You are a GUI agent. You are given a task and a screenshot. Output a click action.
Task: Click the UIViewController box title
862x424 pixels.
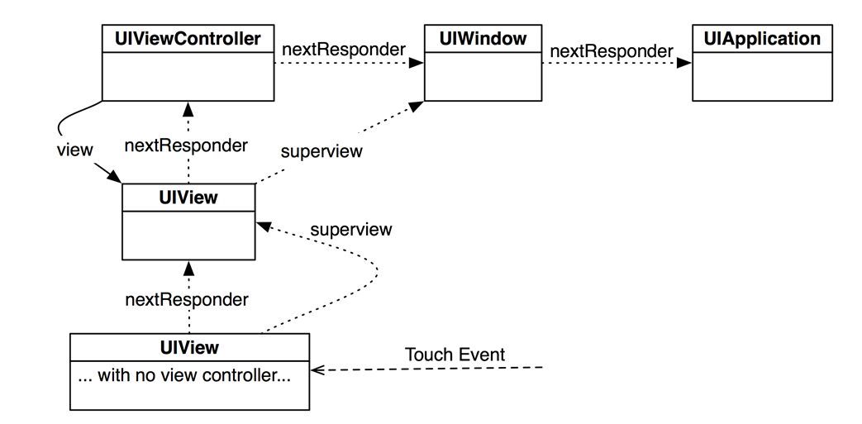coord(188,39)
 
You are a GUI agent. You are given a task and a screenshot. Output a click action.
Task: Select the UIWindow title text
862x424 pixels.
coord(483,39)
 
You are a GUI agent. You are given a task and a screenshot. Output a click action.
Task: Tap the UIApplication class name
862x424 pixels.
coord(762,40)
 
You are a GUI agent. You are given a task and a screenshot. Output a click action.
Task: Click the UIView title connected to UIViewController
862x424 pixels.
coord(188,198)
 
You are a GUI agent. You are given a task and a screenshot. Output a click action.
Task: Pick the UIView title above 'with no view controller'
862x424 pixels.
coord(189,348)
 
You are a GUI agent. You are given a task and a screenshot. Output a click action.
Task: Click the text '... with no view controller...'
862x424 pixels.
coord(184,377)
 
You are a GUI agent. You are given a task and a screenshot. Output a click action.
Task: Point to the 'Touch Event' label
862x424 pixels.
coord(455,355)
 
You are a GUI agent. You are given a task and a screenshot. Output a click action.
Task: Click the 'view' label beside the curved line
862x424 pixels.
coord(75,150)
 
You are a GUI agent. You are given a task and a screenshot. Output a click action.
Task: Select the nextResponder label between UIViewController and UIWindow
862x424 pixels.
coord(344,50)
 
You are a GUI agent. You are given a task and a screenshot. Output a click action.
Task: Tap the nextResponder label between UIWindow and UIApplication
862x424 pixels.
coord(612,51)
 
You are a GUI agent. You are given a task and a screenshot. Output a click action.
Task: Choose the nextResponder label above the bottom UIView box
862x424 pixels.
coord(187,300)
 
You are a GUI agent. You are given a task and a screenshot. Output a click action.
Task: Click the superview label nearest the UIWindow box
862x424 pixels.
coord(321,151)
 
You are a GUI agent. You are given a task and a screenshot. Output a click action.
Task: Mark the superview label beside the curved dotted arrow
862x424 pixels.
coord(350,229)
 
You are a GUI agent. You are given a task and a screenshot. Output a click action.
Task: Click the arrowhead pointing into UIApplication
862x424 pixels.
coord(683,63)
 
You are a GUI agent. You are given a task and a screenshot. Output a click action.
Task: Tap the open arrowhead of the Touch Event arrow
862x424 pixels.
coord(317,370)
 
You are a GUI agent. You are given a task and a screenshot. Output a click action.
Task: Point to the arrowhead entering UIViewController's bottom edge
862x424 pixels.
coord(188,108)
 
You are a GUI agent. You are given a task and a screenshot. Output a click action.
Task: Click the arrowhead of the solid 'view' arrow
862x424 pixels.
coord(114,177)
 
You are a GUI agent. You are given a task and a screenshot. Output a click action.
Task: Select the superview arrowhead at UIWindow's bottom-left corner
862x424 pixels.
coord(417,107)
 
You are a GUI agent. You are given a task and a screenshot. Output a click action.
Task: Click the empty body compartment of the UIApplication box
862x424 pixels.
coord(762,76)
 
